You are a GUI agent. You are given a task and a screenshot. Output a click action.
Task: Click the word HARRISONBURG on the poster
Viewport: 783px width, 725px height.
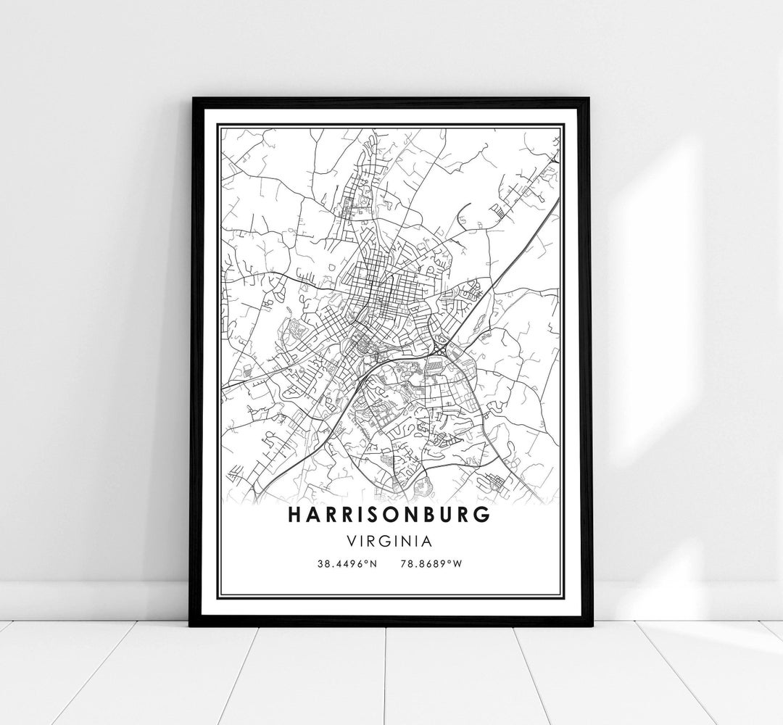(x=389, y=514)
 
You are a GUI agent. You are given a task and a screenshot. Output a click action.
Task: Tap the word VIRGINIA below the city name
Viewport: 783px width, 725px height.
(x=389, y=541)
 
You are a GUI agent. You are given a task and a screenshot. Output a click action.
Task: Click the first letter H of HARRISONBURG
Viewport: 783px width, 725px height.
(x=295, y=514)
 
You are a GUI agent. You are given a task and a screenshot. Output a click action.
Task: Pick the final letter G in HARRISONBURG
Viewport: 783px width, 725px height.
(x=483, y=514)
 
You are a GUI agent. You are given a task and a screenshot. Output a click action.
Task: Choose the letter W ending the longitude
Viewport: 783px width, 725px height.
(x=457, y=563)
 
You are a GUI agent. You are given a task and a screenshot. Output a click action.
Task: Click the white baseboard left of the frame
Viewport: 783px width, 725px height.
(x=94, y=599)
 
